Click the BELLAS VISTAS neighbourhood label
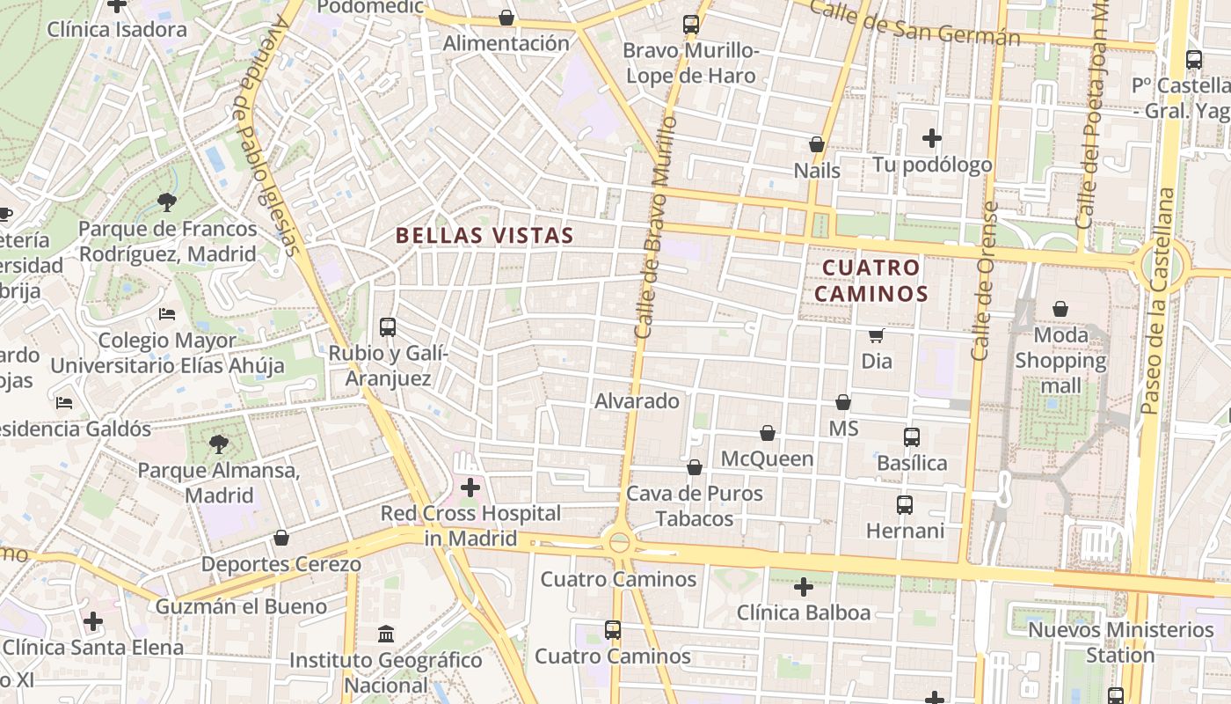(x=484, y=236)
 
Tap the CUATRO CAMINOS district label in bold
(x=871, y=280)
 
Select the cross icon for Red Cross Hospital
(x=470, y=487)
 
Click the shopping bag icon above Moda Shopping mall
(x=1060, y=309)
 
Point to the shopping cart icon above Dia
(x=876, y=335)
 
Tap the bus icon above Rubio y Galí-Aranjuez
(x=387, y=327)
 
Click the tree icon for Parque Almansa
(x=218, y=444)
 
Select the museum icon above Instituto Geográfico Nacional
(x=386, y=634)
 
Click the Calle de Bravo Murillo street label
(x=653, y=227)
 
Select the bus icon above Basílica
(x=911, y=437)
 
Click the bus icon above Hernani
(x=904, y=505)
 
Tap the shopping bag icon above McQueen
(x=768, y=433)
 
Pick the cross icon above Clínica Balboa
(x=803, y=586)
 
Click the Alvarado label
(x=637, y=401)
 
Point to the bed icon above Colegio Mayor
(x=167, y=314)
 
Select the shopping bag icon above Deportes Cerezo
(x=281, y=538)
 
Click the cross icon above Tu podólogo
(x=932, y=138)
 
